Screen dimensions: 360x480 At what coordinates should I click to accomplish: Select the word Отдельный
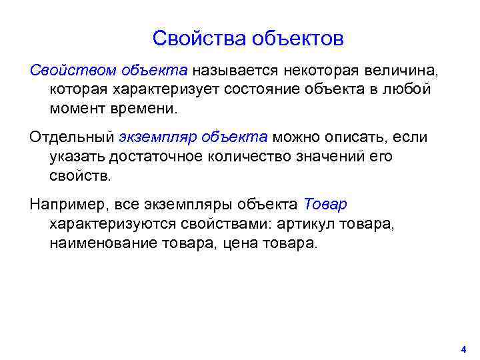point(71,137)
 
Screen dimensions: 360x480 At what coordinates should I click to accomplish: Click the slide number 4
point(463,349)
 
